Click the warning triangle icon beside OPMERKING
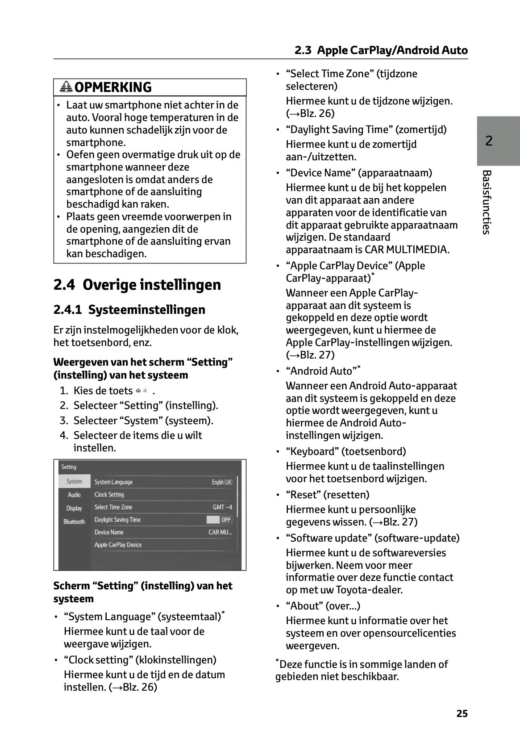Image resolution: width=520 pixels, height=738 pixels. coord(66,87)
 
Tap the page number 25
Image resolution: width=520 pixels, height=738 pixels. coord(462,713)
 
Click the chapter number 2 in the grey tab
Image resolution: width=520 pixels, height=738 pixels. coord(489,141)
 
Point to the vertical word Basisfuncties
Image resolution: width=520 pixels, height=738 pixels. coord(487,202)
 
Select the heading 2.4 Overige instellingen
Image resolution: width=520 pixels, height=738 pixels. coord(137,284)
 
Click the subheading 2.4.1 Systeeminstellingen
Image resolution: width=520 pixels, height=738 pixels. coord(129,309)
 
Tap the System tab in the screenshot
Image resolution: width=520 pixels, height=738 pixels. coord(74,481)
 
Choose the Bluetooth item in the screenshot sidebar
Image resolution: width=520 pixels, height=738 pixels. coord(74,521)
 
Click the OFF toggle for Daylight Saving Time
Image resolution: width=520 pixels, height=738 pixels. coord(219,520)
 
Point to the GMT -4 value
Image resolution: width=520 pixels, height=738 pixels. coord(222,507)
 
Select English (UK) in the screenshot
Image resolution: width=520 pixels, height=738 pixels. coord(222,482)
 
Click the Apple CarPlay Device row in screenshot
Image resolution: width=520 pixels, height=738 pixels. coord(118,545)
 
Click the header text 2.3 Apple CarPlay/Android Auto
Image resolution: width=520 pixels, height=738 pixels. coord(381,50)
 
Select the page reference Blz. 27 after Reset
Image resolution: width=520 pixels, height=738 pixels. coord(396,521)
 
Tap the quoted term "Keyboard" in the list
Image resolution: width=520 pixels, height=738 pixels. coord(312,451)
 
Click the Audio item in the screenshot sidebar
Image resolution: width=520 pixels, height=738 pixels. coord(74,495)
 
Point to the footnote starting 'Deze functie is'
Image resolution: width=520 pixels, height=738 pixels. coord(362,670)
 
